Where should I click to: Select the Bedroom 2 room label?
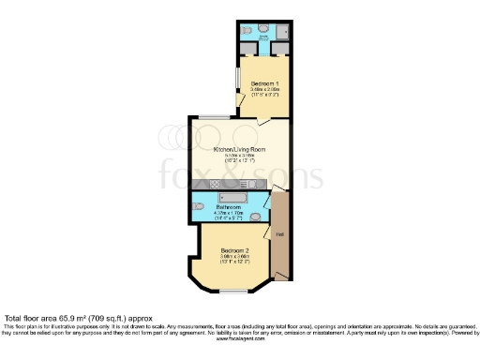coord(233,251)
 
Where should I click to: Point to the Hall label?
coord(279,232)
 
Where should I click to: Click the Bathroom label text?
coord(230,207)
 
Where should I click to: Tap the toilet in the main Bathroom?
coord(198,207)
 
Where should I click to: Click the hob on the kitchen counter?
coord(214,185)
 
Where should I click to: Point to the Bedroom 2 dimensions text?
coord(233,260)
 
